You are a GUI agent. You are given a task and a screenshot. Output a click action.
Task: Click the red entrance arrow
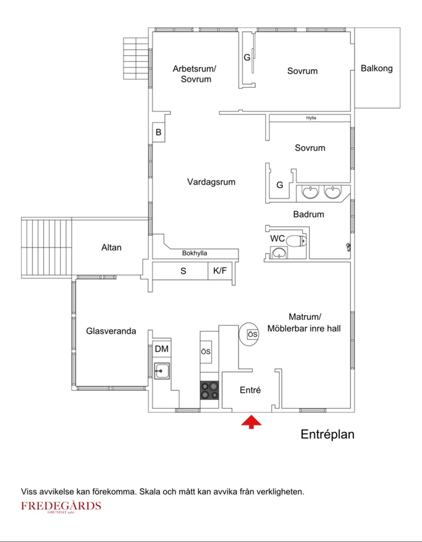pos(251,422)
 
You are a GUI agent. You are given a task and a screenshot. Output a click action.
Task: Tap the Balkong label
pos(377,68)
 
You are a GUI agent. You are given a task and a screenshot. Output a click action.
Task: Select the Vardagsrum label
pos(211,182)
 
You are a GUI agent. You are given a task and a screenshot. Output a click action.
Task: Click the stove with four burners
pos(210,390)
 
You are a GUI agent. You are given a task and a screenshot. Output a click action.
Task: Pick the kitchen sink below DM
pos(162,371)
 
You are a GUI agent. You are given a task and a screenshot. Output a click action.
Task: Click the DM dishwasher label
pos(161,349)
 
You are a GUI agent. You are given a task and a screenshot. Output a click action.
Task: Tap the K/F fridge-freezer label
pos(220,270)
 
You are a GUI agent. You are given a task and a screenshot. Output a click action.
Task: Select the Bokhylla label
pos(195,253)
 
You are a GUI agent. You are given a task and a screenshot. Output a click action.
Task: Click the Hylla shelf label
pos(311,118)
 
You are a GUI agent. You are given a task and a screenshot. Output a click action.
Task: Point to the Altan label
pos(111,248)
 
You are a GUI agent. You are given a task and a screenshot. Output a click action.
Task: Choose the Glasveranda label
pos(111,331)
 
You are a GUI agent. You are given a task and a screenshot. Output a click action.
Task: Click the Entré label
pos(250,390)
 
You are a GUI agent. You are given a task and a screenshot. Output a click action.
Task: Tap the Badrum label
pos(308,214)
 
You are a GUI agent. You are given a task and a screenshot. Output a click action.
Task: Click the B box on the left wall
pos(158,132)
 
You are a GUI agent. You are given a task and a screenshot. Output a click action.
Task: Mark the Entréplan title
pos(327,434)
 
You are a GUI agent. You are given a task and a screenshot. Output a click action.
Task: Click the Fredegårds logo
pos(61,506)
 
